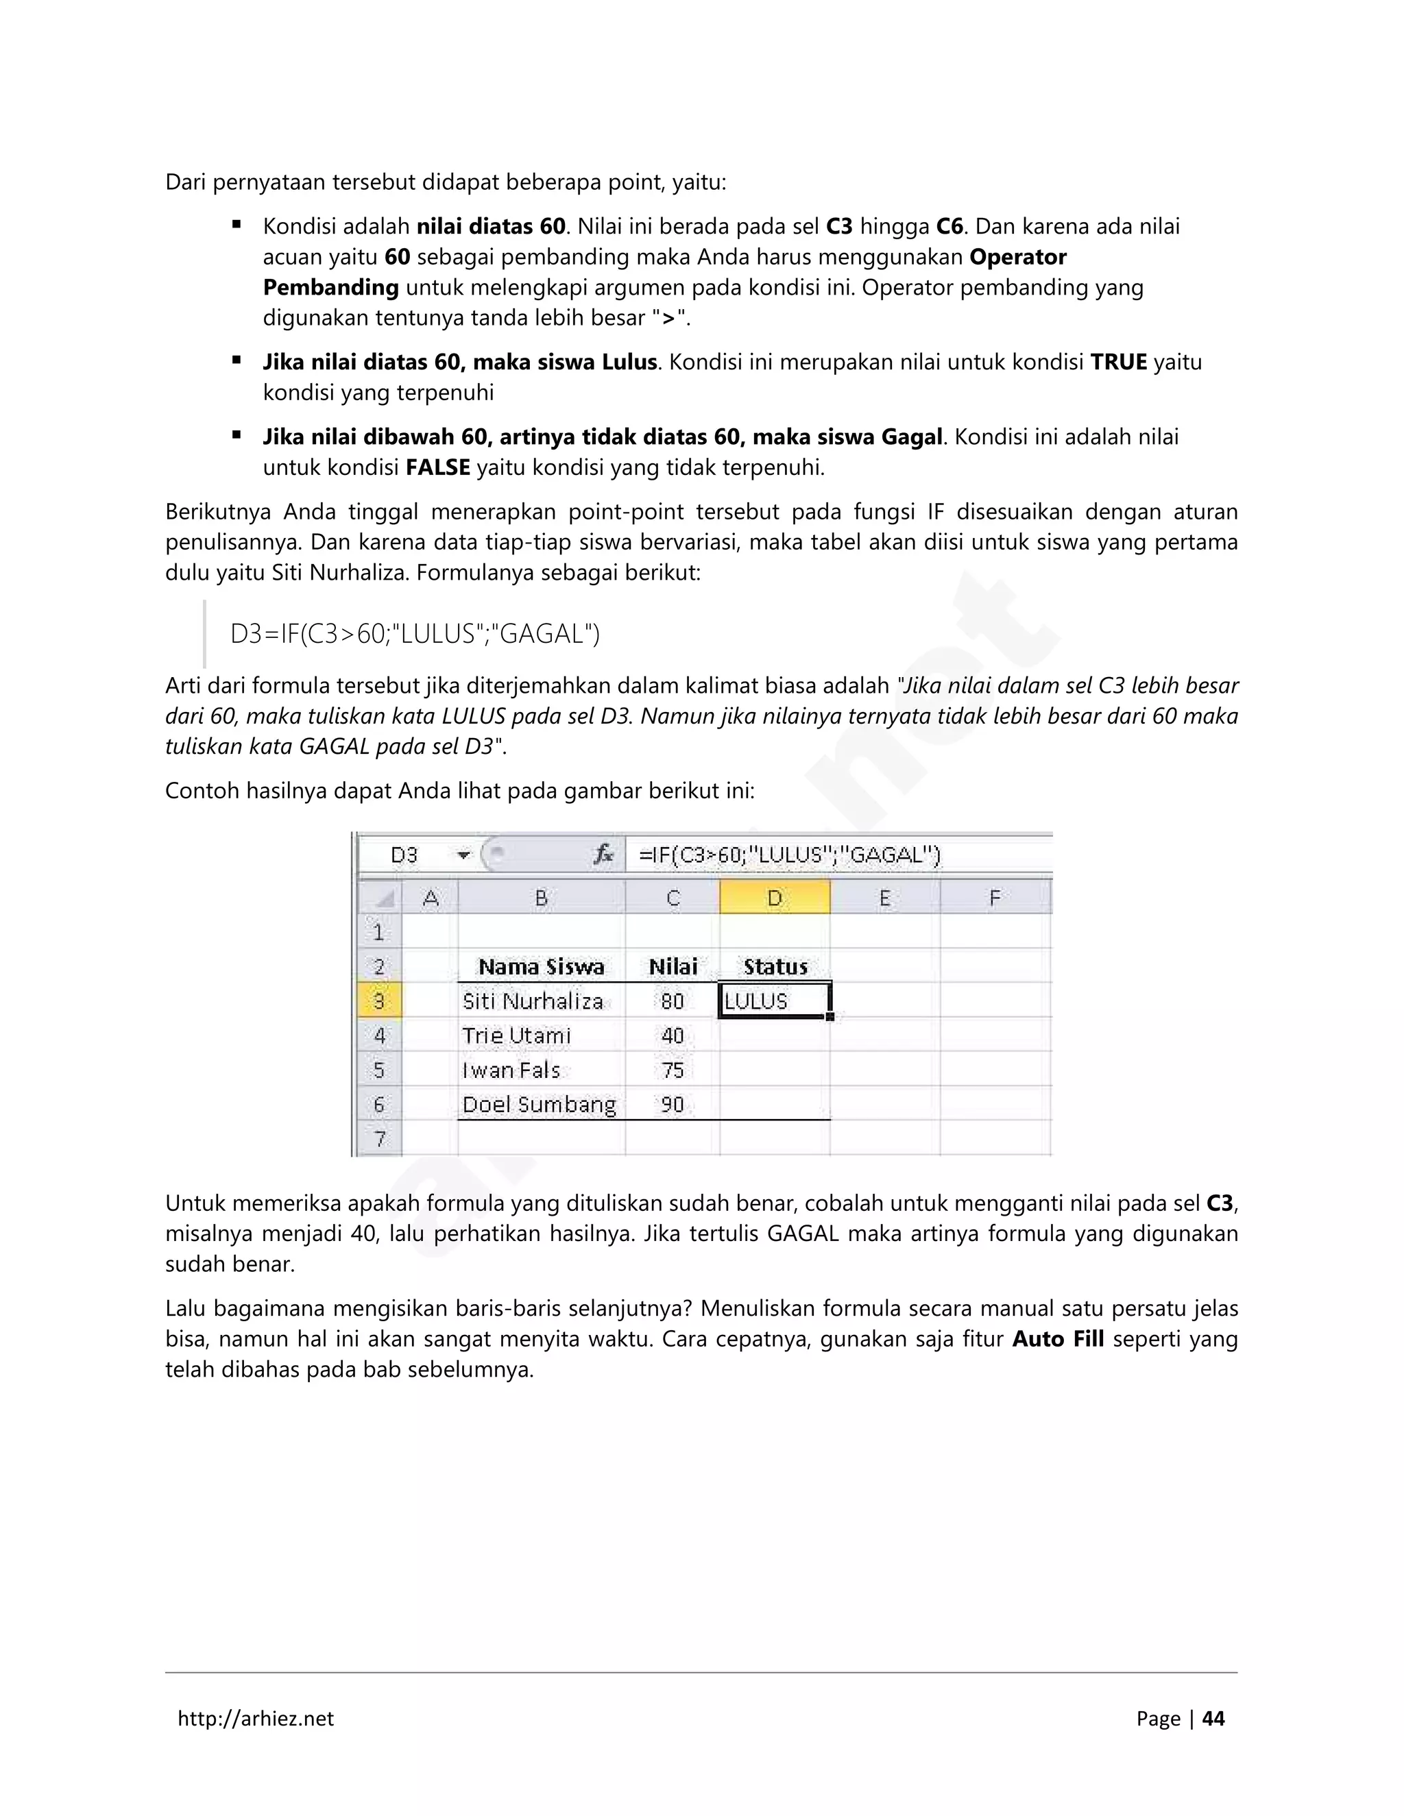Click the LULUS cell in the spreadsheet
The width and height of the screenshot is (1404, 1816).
[x=773, y=1001]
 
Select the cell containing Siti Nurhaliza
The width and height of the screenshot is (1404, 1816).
[x=533, y=1001]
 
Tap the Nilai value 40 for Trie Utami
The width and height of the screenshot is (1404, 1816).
[x=672, y=1036]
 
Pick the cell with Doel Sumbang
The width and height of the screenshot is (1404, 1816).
[x=539, y=1105]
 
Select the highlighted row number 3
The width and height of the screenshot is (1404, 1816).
[x=379, y=1001]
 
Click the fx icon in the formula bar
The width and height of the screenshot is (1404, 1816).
[x=604, y=855]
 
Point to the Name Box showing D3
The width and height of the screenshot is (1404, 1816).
[x=405, y=855]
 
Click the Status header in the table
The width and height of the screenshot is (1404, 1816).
[x=775, y=967]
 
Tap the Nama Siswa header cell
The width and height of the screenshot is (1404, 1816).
[x=541, y=967]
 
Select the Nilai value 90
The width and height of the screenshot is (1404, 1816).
[x=672, y=1105]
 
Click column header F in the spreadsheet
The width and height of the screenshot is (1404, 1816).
[x=995, y=898]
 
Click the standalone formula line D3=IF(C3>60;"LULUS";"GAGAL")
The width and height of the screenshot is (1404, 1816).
[x=414, y=635]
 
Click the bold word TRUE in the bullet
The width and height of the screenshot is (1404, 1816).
[x=1119, y=363]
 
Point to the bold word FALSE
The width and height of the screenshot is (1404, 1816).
[x=437, y=467]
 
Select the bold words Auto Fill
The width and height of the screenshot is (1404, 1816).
[x=1057, y=1340]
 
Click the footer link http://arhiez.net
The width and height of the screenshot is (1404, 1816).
[x=255, y=1719]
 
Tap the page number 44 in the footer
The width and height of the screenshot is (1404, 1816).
[x=1213, y=1719]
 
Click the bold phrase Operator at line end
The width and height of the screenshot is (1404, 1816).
[x=1018, y=257]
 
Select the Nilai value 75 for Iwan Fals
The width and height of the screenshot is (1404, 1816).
[x=672, y=1071]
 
